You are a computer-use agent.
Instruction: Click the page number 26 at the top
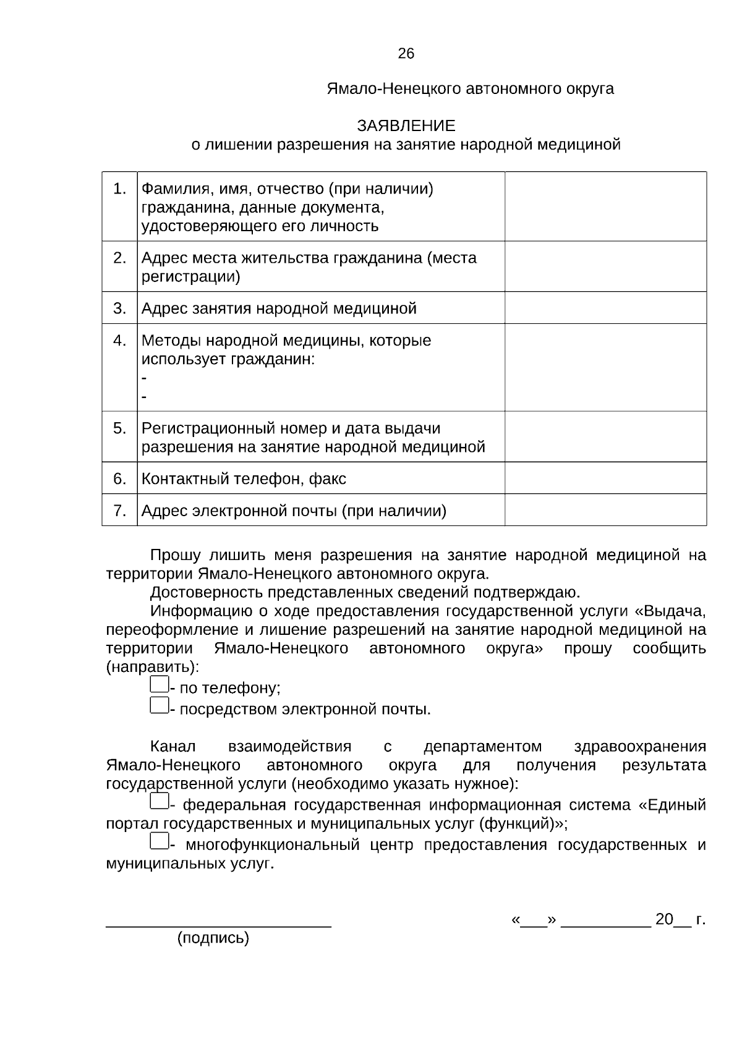click(x=406, y=54)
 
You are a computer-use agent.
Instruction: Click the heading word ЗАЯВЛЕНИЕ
click(x=406, y=126)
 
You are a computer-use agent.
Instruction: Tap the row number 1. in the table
click(x=120, y=189)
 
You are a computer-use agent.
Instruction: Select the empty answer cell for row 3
click(x=605, y=308)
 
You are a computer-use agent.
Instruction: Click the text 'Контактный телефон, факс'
click(x=244, y=478)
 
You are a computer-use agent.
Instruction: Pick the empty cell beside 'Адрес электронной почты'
click(x=605, y=510)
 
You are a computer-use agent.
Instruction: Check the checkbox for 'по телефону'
click(x=159, y=684)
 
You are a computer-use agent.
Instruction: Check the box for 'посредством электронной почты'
click(x=159, y=705)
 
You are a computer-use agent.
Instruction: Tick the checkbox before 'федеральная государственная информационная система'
click(x=159, y=802)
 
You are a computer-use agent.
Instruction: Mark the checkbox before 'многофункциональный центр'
click(x=159, y=841)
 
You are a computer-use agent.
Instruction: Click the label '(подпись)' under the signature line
click(x=213, y=938)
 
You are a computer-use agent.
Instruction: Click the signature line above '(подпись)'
click(x=219, y=925)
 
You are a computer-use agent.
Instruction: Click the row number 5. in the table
click(x=120, y=428)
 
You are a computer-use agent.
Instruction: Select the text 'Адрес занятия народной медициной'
click(x=279, y=308)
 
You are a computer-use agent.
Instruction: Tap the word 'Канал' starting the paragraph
click(x=173, y=747)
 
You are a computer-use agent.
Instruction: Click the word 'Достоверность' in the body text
click(x=207, y=593)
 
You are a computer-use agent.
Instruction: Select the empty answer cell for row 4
click(x=605, y=367)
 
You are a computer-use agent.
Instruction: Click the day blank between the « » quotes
click(x=534, y=921)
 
